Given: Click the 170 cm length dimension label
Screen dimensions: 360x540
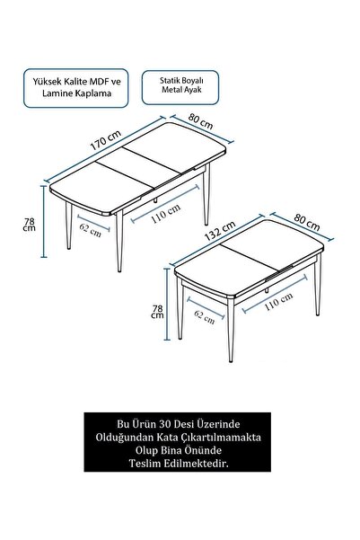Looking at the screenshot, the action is click(x=106, y=140).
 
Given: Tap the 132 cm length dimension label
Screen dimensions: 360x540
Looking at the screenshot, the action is click(x=220, y=231).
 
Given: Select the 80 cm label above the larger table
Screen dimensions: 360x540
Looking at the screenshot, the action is click(x=201, y=121).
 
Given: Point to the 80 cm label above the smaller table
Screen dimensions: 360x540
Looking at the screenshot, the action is click(x=307, y=222).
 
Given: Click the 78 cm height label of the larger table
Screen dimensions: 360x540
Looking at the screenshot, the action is click(x=30, y=225).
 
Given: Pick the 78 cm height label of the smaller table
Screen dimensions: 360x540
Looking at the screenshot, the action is click(x=158, y=311).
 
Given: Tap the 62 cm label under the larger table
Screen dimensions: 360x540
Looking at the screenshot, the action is click(x=91, y=230).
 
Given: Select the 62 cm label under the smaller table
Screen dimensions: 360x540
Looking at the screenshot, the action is click(x=205, y=317).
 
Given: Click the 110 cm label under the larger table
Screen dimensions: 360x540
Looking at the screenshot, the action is click(x=165, y=214).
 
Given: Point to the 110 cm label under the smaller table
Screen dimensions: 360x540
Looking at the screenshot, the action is click(x=278, y=301).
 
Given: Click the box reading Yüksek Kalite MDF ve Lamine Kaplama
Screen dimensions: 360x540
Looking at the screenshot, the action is click(x=76, y=88).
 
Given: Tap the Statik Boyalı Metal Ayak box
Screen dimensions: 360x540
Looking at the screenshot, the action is click(x=180, y=87).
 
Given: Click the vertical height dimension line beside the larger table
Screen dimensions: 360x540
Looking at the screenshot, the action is click(x=44, y=221).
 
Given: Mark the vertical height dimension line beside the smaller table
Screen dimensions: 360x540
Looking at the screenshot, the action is click(x=167, y=304).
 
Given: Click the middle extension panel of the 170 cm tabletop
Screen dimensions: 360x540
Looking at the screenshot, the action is click(x=138, y=167).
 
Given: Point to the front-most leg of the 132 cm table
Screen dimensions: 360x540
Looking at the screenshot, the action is click(x=230, y=330).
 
